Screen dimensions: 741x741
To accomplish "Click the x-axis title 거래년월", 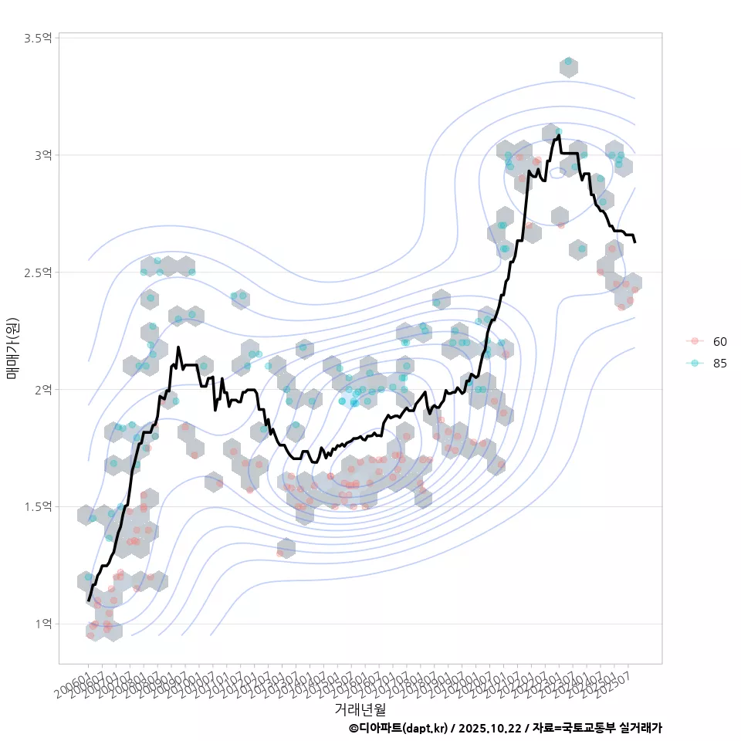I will click(x=360, y=709).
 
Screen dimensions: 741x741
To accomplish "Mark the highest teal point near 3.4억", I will click(x=568, y=61).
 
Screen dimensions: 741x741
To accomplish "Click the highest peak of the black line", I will click(x=558, y=136).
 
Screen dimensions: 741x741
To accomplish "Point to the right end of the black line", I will click(x=634, y=242).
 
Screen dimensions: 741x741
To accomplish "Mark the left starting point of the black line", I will click(x=89, y=600).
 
